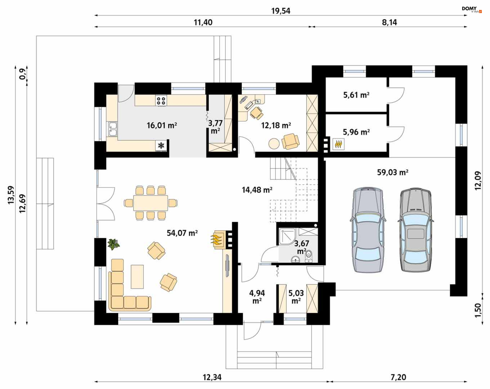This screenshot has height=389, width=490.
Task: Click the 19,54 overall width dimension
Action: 281,11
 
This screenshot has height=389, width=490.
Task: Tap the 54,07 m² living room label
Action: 182,233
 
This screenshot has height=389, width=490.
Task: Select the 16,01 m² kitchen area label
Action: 162,125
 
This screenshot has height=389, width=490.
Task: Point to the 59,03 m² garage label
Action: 393,172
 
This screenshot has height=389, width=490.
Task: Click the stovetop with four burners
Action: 161,101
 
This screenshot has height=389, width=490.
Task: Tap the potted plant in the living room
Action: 114,244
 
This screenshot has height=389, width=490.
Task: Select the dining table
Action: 151,203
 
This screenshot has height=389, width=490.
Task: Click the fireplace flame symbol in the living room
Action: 216,239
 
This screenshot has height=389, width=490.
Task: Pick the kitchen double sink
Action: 113,129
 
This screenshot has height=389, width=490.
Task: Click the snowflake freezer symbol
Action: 161,146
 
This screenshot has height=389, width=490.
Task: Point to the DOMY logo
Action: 472,9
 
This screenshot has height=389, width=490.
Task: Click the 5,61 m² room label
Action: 356,95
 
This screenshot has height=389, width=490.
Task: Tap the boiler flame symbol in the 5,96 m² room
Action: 338,144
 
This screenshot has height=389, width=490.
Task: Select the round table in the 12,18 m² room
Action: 274,144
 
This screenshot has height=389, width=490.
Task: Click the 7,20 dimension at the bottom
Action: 398,377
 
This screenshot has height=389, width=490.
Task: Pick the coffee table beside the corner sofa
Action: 137,277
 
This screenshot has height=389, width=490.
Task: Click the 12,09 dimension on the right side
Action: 478,181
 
